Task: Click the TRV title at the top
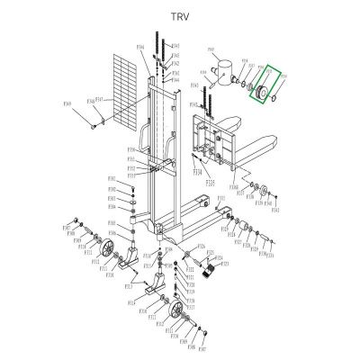click(180, 15)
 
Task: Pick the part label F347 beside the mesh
click(104, 99)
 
